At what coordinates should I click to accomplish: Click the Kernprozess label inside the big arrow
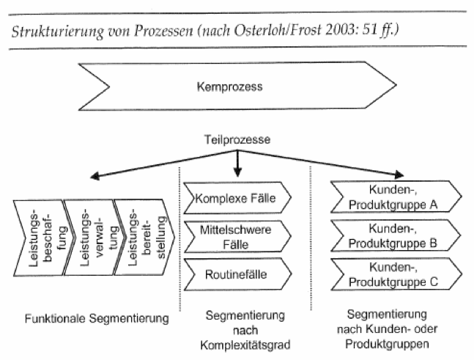pyautogui.click(x=229, y=87)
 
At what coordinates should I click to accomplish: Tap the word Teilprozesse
pyautogui.click(x=237, y=140)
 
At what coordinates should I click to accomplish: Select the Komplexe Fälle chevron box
pyautogui.click(x=237, y=198)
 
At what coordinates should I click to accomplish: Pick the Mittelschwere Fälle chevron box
pyautogui.click(x=237, y=237)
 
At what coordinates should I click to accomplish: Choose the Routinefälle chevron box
pyautogui.click(x=237, y=274)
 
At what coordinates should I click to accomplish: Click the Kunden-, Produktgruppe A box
pyautogui.click(x=396, y=197)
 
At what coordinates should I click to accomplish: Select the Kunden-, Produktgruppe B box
pyautogui.click(x=396, y=235)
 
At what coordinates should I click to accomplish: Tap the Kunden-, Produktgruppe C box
pyautogui.click(x=396, y=274)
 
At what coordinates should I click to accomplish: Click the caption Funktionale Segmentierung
pyautogui.click(x=97, y=318)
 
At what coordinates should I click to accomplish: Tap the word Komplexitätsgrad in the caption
pyautogui.click(x=245, y=345)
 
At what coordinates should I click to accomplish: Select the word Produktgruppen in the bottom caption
pyautogui.click(x=387, y=344)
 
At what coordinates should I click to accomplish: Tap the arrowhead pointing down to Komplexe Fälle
pyautogui.click(x=237, y=172)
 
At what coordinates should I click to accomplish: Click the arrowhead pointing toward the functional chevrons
pyautogui.click(x=95, y=176)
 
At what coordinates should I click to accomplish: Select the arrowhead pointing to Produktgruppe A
pyautogui.click(x=399, y=175)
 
